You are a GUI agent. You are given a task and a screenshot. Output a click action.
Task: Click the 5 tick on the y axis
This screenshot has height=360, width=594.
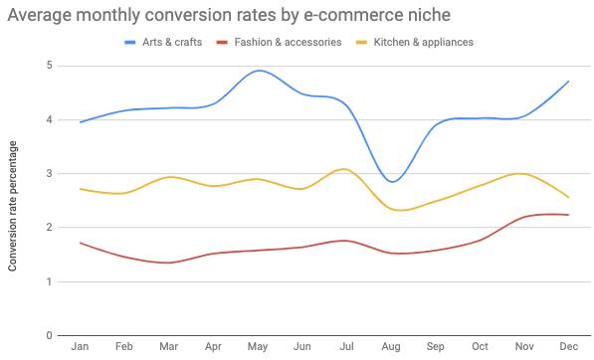click(x=49, y=66)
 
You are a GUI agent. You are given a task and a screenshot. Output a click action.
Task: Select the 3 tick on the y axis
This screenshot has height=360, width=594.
click(x=49, y=174)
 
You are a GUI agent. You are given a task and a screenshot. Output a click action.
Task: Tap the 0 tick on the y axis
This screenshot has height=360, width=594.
click(x=49, y=335)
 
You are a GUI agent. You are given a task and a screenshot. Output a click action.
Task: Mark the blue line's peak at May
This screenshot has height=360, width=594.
click(x=259, y=71)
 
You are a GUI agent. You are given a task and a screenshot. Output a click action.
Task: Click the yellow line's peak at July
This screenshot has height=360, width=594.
click(x=344, y=169)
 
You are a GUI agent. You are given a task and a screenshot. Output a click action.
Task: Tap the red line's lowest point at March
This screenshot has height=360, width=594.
click(x=167, y=263)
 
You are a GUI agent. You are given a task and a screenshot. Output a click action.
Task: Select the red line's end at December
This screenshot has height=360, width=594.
click(x=568, y=215)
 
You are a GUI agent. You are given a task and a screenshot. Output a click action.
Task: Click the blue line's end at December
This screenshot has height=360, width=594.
click(x=568, y=82)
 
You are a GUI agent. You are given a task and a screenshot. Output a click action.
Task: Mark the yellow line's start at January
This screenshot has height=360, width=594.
click(x=80, y=189)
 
